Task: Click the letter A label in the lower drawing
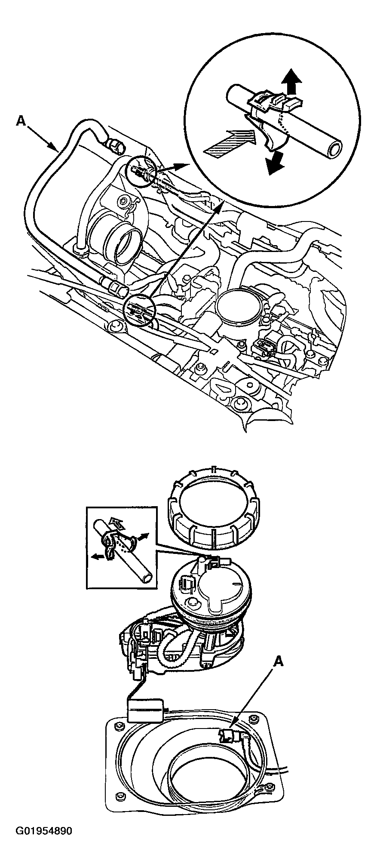tap(279, 662)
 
